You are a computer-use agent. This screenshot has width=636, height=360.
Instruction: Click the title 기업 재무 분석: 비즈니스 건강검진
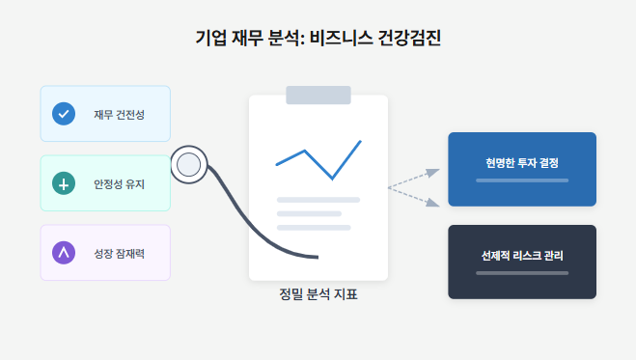point(318,39)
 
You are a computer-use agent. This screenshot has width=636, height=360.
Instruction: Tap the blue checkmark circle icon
point(64,113)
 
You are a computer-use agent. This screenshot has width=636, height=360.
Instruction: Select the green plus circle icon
point(64,182)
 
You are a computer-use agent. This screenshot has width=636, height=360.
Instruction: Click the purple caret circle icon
point(64,252)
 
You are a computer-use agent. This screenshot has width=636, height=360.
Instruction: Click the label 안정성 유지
point(119,183)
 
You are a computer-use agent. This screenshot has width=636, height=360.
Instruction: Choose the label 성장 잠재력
point(119,253)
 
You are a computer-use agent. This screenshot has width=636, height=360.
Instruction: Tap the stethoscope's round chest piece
point(189,164)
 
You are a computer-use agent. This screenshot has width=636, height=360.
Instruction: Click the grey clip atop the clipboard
point(318,95)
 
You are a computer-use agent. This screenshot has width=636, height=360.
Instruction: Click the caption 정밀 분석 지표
point(318,294)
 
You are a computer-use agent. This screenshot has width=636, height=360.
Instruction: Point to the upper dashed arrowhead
point(434,172)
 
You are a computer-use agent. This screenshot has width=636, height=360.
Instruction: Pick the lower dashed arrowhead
point(434,203)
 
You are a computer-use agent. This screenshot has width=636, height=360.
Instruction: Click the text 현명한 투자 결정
point(522,161)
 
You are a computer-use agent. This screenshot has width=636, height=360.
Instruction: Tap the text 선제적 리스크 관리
point(522,256)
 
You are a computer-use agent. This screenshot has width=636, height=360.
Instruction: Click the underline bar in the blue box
point(522,180)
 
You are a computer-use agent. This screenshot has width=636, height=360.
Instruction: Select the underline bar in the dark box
point(522,273)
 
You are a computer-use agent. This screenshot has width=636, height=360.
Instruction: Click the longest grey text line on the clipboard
point(318,200)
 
